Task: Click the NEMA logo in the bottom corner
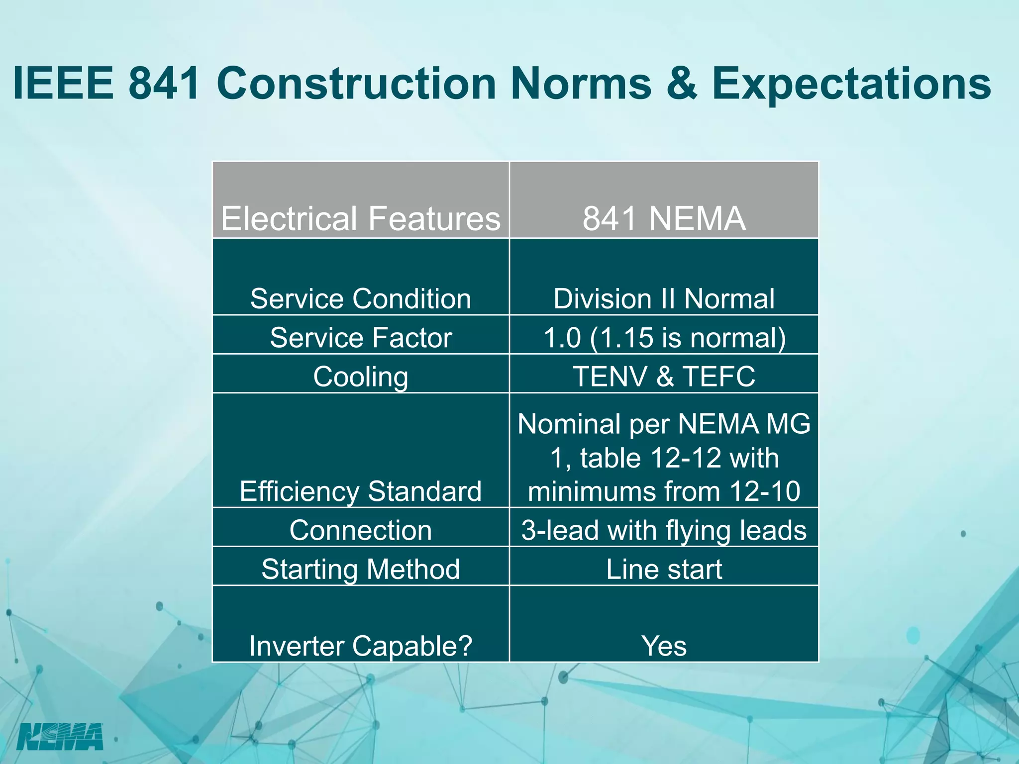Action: point(60,736)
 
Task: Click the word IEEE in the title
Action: point(63,83)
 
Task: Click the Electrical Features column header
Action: point(361,218)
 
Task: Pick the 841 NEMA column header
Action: point(664,218)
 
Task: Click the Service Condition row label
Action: point(361,299)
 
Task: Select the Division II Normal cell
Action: point(664,299)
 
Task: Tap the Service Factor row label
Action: point(361,338)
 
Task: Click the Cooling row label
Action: point(361,377)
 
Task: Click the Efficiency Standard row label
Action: point(361,491)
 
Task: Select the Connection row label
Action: point(361,530)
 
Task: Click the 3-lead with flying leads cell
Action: point(664,530)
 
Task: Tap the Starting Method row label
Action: point(361,569)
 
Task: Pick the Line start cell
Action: point(664,569)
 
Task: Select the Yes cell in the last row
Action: point(664,646)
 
